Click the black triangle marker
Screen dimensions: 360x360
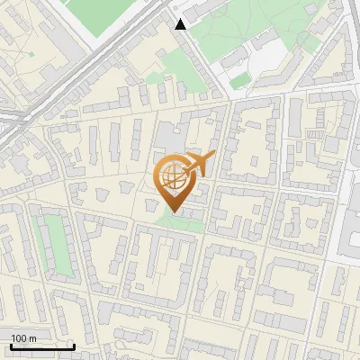(x=181, y=24)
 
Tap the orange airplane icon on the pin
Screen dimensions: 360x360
(x=199, y=164)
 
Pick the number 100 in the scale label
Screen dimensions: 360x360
(x=19, y=338)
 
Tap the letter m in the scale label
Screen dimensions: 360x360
(x=32, y=338)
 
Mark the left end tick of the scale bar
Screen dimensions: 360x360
(x=11, y=345)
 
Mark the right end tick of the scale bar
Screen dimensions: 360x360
(x=74, y=345)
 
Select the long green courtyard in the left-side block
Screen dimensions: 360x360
(x=56, y=243)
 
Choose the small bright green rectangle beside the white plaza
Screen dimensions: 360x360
(x=239, y=82)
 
